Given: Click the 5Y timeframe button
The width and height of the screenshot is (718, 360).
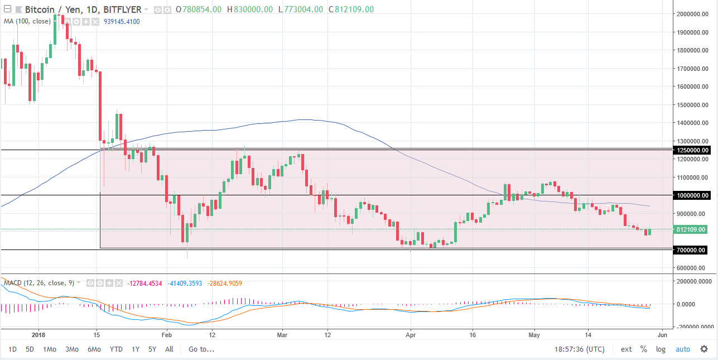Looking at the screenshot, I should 152,349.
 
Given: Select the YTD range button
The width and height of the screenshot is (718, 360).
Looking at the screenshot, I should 117,349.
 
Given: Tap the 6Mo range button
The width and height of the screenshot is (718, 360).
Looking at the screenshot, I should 94,349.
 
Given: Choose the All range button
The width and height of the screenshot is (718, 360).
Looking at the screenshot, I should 169,349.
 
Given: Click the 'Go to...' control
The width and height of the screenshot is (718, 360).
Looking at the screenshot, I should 201,349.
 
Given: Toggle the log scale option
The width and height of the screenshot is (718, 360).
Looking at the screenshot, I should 661,349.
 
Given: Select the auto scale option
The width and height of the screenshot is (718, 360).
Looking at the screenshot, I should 683,349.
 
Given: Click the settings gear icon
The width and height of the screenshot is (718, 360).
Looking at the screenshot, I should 704,349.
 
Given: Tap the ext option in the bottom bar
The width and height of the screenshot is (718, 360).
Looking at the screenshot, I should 627,349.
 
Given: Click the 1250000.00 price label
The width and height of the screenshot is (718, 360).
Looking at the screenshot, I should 692,150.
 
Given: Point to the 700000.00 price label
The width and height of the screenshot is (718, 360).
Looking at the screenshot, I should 692,249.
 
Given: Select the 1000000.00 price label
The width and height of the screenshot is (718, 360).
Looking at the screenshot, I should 692,195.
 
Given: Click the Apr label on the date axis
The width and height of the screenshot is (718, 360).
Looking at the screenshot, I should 410,335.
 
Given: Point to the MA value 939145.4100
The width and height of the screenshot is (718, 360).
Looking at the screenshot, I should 122,21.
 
